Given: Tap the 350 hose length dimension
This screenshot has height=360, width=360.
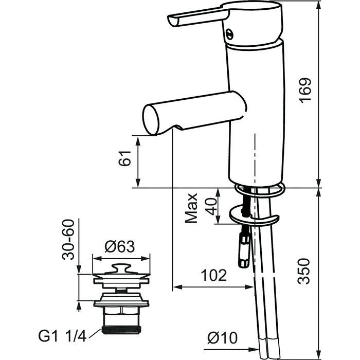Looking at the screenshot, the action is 304,271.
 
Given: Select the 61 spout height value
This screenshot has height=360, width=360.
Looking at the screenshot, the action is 124,158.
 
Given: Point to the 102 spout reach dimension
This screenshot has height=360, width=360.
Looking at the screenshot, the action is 214,275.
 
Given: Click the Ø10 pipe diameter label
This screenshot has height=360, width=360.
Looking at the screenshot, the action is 222,338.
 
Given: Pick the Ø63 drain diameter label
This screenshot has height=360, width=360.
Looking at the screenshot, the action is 120,246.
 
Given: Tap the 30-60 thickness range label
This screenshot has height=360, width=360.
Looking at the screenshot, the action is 68,240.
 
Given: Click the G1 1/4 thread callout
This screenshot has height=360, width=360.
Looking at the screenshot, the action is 62,337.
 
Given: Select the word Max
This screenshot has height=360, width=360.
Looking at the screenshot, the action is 191,208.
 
